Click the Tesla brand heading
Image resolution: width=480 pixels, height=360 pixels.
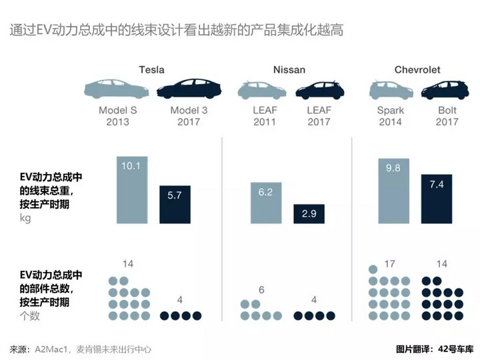click(x=151, y=69)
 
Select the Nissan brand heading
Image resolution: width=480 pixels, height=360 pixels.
click(x=290, y=69)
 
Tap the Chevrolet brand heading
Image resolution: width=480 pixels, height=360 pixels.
click(x=417, y=69)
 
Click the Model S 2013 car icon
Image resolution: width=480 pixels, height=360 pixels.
click(x=117, y=90)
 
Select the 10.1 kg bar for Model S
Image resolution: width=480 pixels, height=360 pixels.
click(x=131, y=190)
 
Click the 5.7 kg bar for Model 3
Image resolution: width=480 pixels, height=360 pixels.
click(x=175, y=204)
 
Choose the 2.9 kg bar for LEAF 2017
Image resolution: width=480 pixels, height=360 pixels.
click(x=309, y=213)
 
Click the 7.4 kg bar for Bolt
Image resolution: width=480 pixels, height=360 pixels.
click(x=436, y=199)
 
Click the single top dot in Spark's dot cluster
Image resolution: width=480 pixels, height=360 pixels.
click(x=373, y=269)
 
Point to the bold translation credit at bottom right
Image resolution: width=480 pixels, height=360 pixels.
click(x=434, y=349)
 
